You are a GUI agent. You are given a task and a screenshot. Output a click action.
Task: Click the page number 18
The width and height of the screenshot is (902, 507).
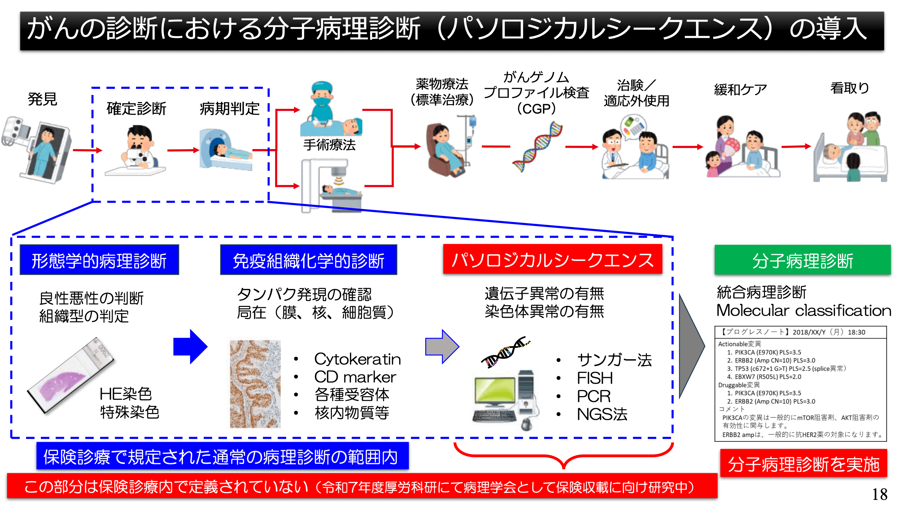coord(879,494)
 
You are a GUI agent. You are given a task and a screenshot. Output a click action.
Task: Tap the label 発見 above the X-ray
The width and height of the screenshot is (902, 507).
coord(42,99)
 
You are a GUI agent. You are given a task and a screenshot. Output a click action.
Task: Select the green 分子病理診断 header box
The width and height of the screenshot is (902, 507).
coord(802,260)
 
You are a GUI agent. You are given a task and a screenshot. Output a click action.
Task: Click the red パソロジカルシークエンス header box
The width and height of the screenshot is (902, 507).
coord(552,260)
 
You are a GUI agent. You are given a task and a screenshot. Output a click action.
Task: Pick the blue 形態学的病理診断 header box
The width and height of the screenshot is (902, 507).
coord(99,260)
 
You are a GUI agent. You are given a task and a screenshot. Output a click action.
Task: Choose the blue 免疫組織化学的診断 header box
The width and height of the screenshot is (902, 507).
coord(308,260)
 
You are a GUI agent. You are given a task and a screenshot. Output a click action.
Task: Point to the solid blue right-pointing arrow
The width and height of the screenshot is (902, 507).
coord(190,346)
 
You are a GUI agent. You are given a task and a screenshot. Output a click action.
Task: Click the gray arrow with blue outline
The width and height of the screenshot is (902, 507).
coord(442,346)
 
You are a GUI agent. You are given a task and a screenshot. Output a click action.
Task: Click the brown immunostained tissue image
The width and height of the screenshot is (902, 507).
coord(255,384)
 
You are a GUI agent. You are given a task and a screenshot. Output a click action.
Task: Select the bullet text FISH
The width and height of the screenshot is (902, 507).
coord(594,378)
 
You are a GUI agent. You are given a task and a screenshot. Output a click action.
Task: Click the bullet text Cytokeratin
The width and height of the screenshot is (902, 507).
coord(357,359)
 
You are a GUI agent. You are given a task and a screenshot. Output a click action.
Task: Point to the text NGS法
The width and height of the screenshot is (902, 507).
coord(602,414)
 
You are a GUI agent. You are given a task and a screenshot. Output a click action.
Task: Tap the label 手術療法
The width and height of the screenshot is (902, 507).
coord(329,145)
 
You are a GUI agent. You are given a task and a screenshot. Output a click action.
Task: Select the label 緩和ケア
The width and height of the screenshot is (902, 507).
coord(740,90)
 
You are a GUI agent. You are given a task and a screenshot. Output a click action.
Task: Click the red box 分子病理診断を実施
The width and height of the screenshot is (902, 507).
coord(803,464)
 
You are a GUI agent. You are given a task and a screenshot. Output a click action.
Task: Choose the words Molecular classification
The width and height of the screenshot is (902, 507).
coord(803,310)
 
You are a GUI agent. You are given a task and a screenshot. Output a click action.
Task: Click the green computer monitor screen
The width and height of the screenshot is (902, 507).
coord(495,390)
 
